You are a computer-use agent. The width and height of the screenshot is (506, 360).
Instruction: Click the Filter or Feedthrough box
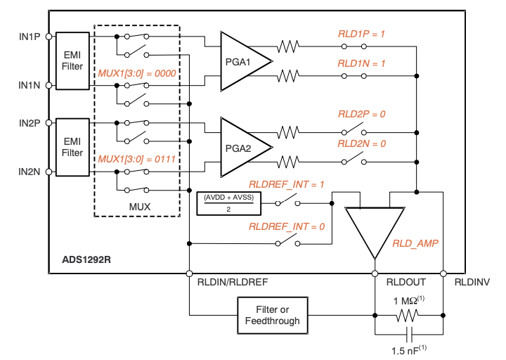coord(272,314)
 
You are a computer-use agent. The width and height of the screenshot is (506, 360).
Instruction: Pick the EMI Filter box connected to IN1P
coord(72,60)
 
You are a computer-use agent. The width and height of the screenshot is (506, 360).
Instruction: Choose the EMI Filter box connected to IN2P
coord(72,146)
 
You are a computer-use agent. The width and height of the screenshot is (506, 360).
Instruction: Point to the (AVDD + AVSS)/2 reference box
coord(229,202)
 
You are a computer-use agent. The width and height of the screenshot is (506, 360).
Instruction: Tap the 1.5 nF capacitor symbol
coord(409,333)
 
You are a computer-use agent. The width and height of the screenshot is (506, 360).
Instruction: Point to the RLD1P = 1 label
coord(362,34)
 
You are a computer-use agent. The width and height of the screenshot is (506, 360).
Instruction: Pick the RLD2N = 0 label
coord(362,143)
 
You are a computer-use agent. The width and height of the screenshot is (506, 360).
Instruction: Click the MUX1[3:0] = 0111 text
coord(136,159)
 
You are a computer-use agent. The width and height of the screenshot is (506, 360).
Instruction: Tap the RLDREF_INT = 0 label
coord(287,226)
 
